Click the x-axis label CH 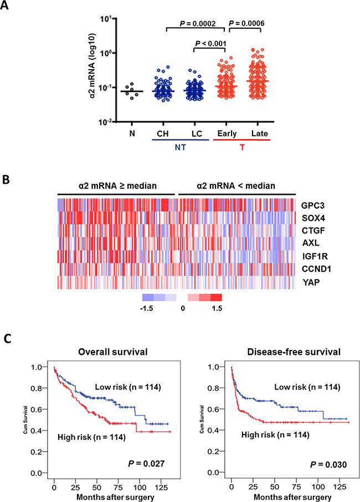click(160, 134)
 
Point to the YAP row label click(309, 283)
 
